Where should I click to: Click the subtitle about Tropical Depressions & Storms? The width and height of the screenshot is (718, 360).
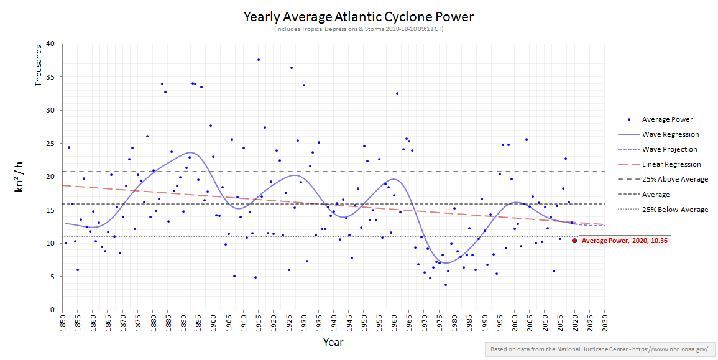(x=358, y=29)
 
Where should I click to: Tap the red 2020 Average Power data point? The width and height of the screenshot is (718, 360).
(x=574, y=241)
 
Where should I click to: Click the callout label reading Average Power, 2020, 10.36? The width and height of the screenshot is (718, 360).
(x=625, y=241)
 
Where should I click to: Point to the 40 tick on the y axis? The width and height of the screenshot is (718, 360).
(x=50, y=44)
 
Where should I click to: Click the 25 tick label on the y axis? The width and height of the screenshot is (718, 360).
(x=50, y=144)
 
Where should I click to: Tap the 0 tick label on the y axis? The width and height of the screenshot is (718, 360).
(x=53, y=310)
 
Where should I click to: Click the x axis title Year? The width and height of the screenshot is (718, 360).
(x=333, y=342)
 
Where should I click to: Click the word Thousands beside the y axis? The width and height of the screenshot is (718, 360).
(x=39, y=65)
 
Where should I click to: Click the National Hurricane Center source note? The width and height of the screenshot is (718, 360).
(x=599, y=349)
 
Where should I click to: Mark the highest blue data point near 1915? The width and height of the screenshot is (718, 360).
(x=259, y=60)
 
